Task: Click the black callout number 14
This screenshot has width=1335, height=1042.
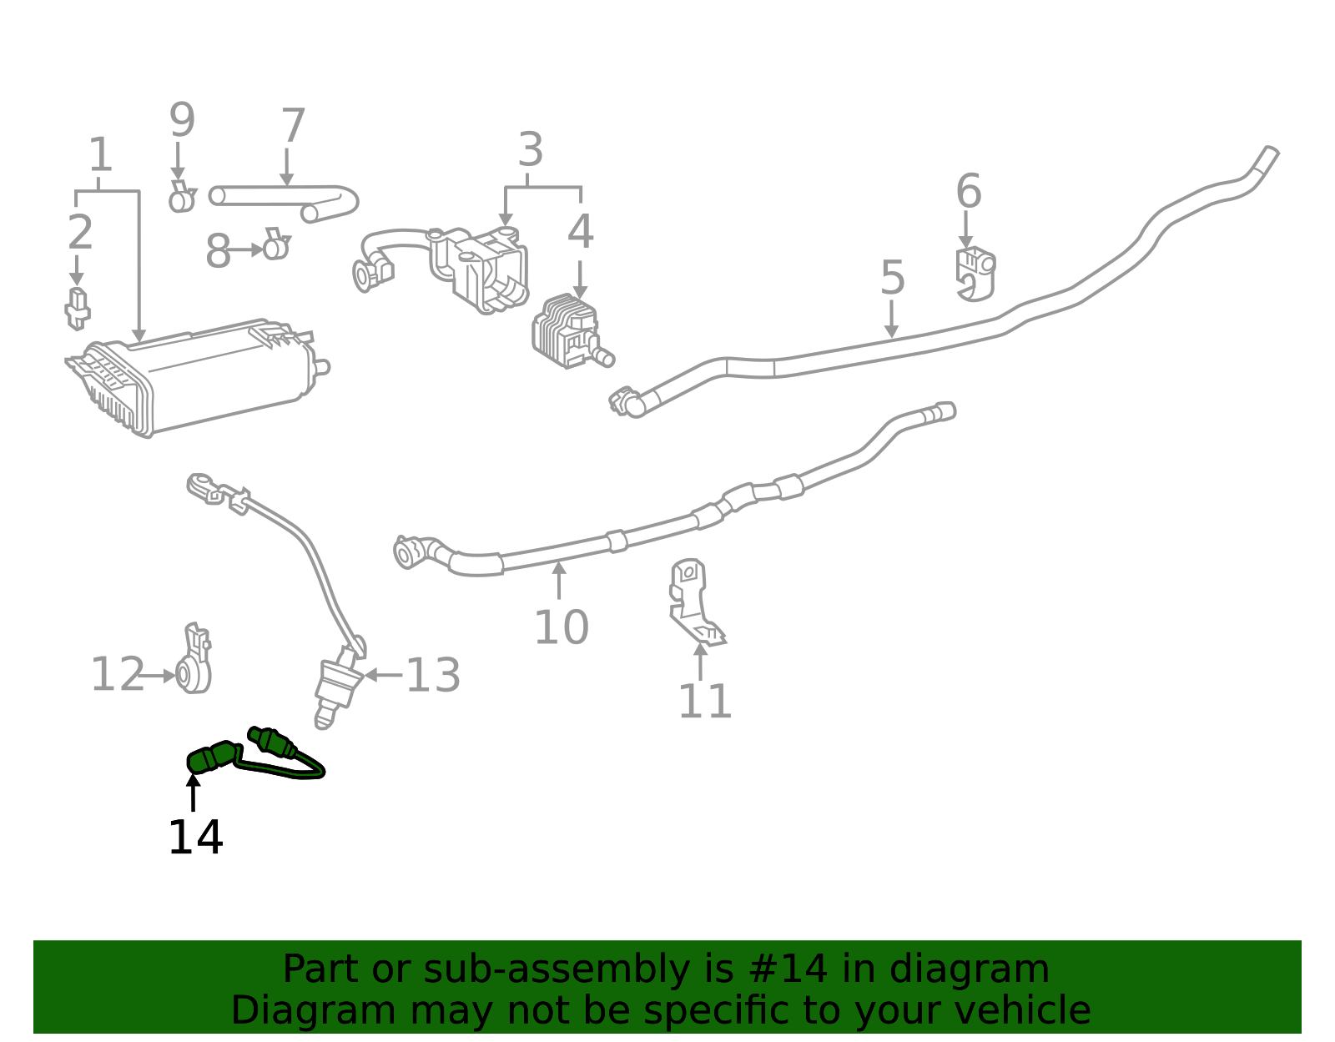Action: (x=195, y=838)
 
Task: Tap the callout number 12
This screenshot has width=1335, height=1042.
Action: (x=117, y=675)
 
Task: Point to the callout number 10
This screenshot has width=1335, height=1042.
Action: (x=561, y=627)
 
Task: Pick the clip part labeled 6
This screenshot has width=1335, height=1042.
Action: (x=975, y=273)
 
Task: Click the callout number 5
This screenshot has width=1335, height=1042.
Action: (x=892, y=278)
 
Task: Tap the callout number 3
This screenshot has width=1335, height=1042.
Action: (x=531, y=151)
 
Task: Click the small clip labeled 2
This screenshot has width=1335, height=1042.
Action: (x=77, y=308)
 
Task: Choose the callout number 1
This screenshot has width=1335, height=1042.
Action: (x=100, y=156)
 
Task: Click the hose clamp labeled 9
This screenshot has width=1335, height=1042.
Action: (x=180, y=198)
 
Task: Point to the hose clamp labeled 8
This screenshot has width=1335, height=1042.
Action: (x=275, y=246)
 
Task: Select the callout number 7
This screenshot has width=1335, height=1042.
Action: (x=293, y=127)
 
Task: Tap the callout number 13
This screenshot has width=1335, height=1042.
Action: (x=432, y=676)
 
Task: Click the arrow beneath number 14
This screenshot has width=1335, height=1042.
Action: (x=194, y=793)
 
